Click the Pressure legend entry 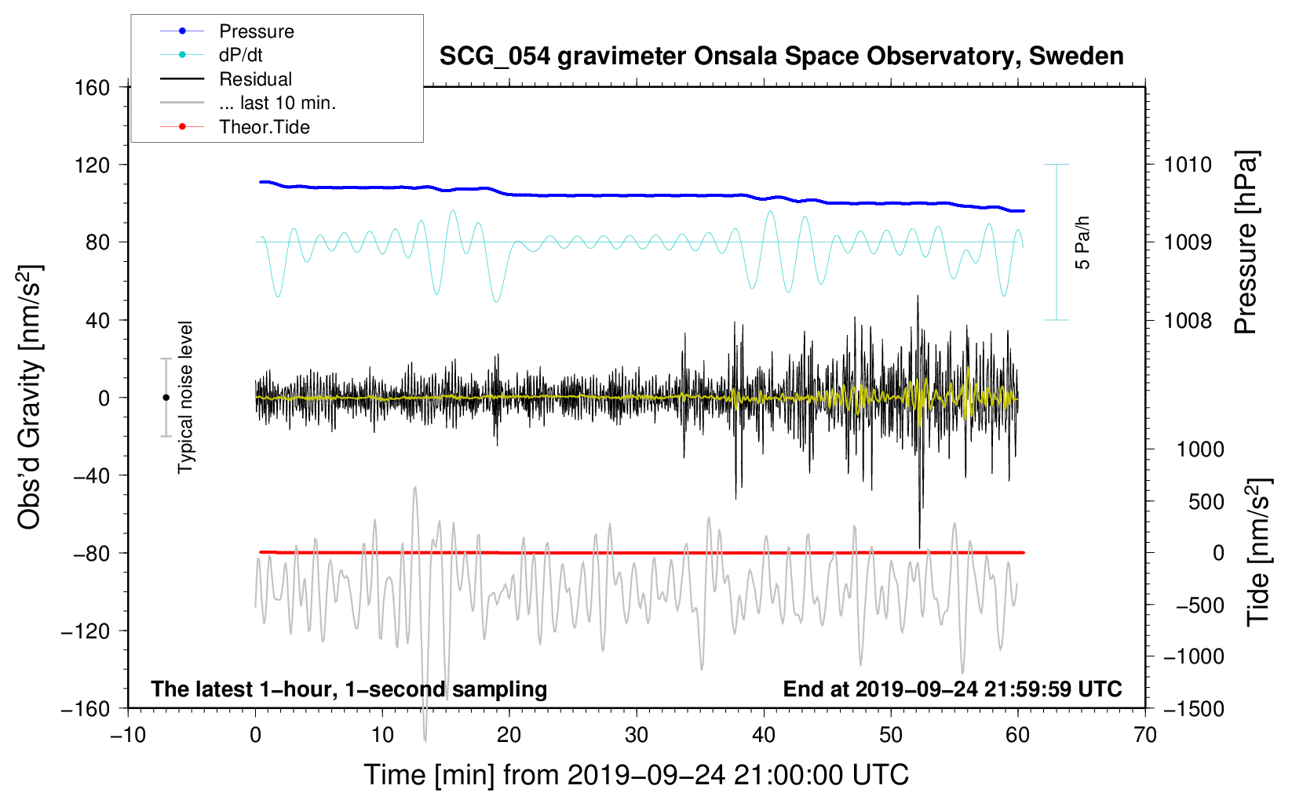coord(228,31)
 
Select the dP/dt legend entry coord(211,55)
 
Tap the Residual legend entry coord(226,79)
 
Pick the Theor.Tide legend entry coord(235,127)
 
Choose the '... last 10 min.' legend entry coord(248,103)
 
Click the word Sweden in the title coord(1076,56)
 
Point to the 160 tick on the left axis coord(93,88)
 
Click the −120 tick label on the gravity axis coord(86,631)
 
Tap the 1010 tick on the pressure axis coord(1188,165)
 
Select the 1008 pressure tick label coord(1188,320)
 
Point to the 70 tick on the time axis coord(1144,735)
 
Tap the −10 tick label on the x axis coord(128,735)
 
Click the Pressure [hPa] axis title coord(1246,242)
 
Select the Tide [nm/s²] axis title coord(1259,552)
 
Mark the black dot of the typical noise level coord(166,398)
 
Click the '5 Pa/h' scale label coord(1082,242)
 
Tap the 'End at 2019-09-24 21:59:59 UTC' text coord(952,689)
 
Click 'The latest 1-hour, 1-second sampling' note coord(349,689)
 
